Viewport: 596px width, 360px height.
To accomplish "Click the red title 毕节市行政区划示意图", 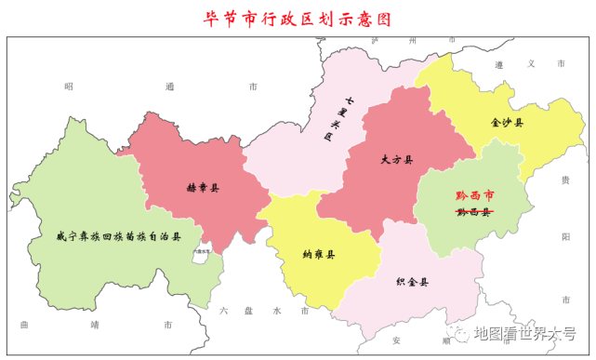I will tap(298, 18).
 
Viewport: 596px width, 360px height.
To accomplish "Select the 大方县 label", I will tap(396, 159).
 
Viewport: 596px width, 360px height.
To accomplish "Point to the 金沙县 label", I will tap(507, 122).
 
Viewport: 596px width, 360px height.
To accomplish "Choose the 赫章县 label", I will tap(203, 187).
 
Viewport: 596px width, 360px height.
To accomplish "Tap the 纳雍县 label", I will tap(319, 254).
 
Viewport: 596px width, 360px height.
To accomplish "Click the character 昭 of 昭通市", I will tap(68, 86).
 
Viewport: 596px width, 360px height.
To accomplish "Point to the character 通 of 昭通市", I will tap(168, 86).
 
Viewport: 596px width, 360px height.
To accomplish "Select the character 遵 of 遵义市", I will tap(499, 63).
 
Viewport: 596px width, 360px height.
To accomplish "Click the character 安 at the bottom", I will tap(396, 340).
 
